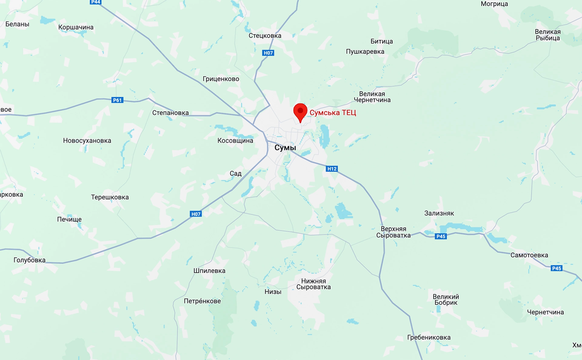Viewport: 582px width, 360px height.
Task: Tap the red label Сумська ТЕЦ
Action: coord(333,113)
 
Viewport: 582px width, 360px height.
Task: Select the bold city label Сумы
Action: coord(285,148)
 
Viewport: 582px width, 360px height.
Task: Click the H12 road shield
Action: coord(332,169)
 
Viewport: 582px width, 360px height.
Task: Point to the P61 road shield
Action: coord(117,100)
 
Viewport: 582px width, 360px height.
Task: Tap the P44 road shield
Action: coord(95,2)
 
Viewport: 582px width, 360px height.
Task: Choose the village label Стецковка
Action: coord(265,35)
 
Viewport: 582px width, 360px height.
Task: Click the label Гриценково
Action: coord(221,79)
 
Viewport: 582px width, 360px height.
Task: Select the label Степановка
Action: coord(170,113)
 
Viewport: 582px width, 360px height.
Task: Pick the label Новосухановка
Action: coord(87,140)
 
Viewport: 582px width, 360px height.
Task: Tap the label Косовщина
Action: coord(235,140)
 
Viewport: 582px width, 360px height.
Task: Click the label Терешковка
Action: coord(110,197)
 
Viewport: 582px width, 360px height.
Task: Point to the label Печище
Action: coord(69,219)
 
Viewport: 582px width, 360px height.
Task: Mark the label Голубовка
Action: coord(29,260)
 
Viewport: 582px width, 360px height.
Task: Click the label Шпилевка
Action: coord(209,271)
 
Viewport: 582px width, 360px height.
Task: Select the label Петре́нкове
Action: coord(202,301)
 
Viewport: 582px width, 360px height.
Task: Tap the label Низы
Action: coord(273,292)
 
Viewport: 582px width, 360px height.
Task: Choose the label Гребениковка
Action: coord(429,337)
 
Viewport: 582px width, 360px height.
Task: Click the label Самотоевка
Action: coord(529,255)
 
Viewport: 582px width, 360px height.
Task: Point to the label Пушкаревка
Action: coord(365,52)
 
